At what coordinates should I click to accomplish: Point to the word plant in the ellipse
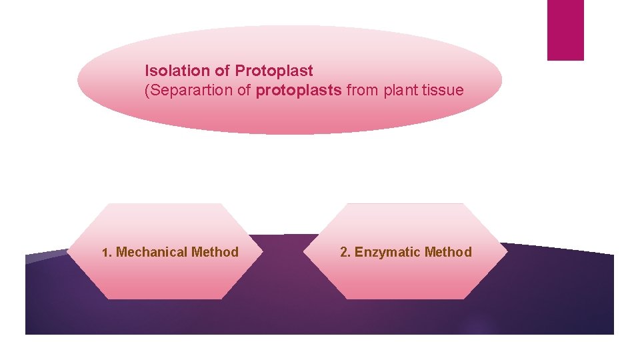(398, 90)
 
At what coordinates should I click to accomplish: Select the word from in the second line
(362, 90)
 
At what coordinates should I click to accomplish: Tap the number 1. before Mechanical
(107, 253)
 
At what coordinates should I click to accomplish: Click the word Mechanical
(151, 252)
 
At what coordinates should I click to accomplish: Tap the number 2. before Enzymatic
(345, 252)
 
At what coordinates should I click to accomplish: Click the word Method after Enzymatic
(448, 252)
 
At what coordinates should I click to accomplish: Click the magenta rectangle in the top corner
(565, 30)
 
